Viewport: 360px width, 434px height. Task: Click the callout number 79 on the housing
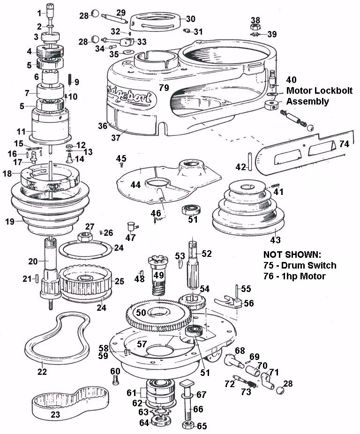[163, 88]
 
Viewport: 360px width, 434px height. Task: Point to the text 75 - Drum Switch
[300, 266]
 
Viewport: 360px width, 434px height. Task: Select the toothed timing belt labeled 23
[70, 403]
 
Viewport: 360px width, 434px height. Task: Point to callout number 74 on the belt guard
[344, 145]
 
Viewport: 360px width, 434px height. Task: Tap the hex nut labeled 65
[187, 426]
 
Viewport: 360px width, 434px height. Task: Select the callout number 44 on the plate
[135, 185]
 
